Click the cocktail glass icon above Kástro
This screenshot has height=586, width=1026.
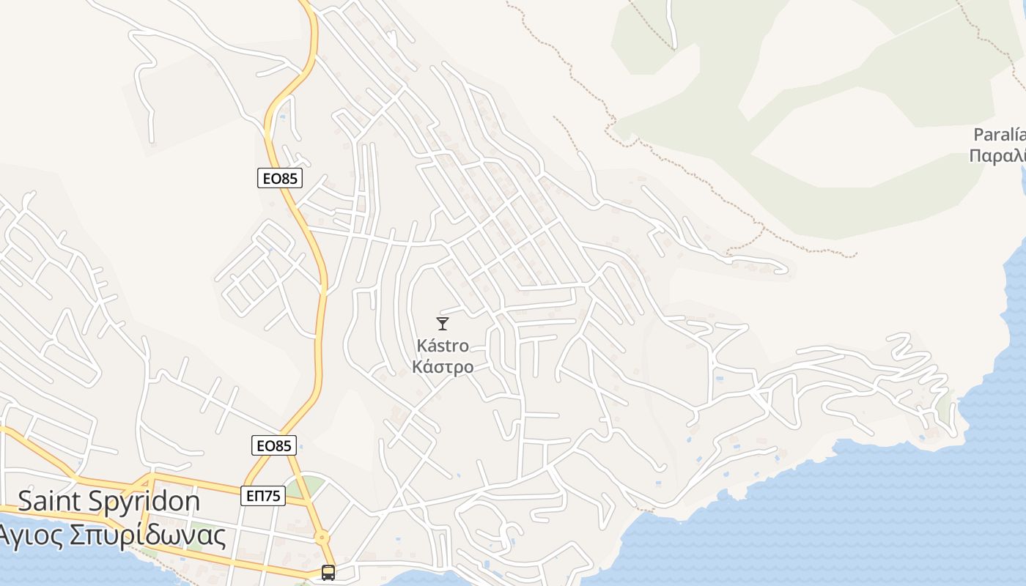(442, 323)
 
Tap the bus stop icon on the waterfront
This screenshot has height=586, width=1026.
(328, 573)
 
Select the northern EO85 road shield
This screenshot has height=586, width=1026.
(280, 178)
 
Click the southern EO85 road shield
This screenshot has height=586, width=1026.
(273, 445)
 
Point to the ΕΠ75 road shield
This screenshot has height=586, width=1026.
(262, 496)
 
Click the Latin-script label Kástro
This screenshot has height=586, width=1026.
(442, 345)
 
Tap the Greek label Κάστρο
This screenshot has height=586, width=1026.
(442, 366)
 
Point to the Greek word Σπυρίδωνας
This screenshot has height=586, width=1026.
(147, 536)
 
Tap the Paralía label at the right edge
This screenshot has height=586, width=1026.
(999, 135)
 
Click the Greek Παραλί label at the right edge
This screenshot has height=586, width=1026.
(997, 155)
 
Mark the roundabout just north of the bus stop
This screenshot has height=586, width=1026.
(321, 538)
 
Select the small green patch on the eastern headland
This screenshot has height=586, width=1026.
(944, 404)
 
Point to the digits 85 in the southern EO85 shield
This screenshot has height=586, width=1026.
(283, 445)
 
